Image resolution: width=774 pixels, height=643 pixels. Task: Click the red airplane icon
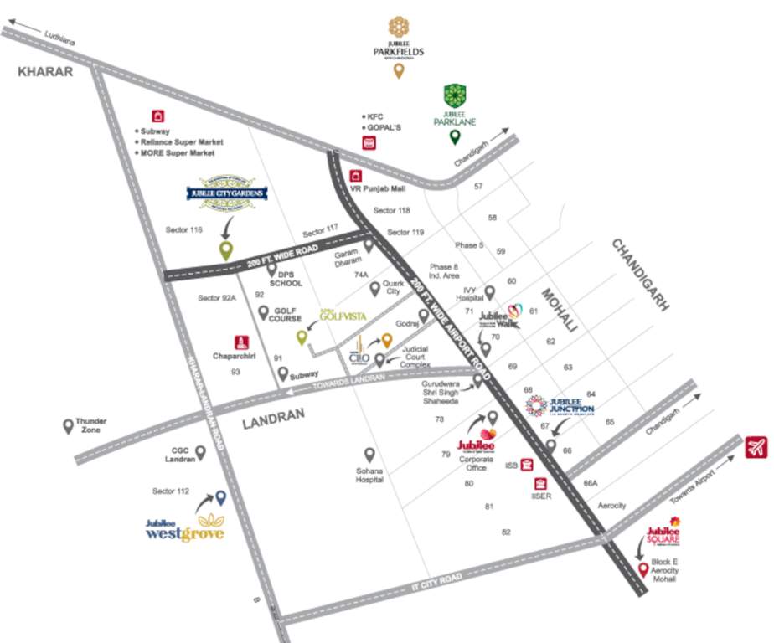[756, 448]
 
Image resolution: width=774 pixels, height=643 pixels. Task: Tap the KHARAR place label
[45, 72]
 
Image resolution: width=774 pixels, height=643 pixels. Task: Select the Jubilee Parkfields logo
[399, 38]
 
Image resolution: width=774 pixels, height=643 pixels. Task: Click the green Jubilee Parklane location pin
[455, 138]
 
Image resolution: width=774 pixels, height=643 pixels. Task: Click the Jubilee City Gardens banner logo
[226, 193]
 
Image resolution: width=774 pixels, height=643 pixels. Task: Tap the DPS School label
[285, 278]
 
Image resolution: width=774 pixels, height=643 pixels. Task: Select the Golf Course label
[285, 314]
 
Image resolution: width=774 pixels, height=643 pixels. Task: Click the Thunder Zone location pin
[68, 427]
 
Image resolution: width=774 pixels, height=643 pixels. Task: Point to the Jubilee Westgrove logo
[185, 528]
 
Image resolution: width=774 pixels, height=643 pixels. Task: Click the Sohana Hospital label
[369, 476]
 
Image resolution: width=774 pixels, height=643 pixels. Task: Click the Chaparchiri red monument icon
[241, 342]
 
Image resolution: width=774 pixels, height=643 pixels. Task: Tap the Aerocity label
[611, 506]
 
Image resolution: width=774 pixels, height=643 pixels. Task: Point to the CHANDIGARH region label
[641, 274]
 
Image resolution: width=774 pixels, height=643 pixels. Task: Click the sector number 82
[506, 532]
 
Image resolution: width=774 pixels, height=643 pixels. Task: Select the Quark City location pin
[375, 289]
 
